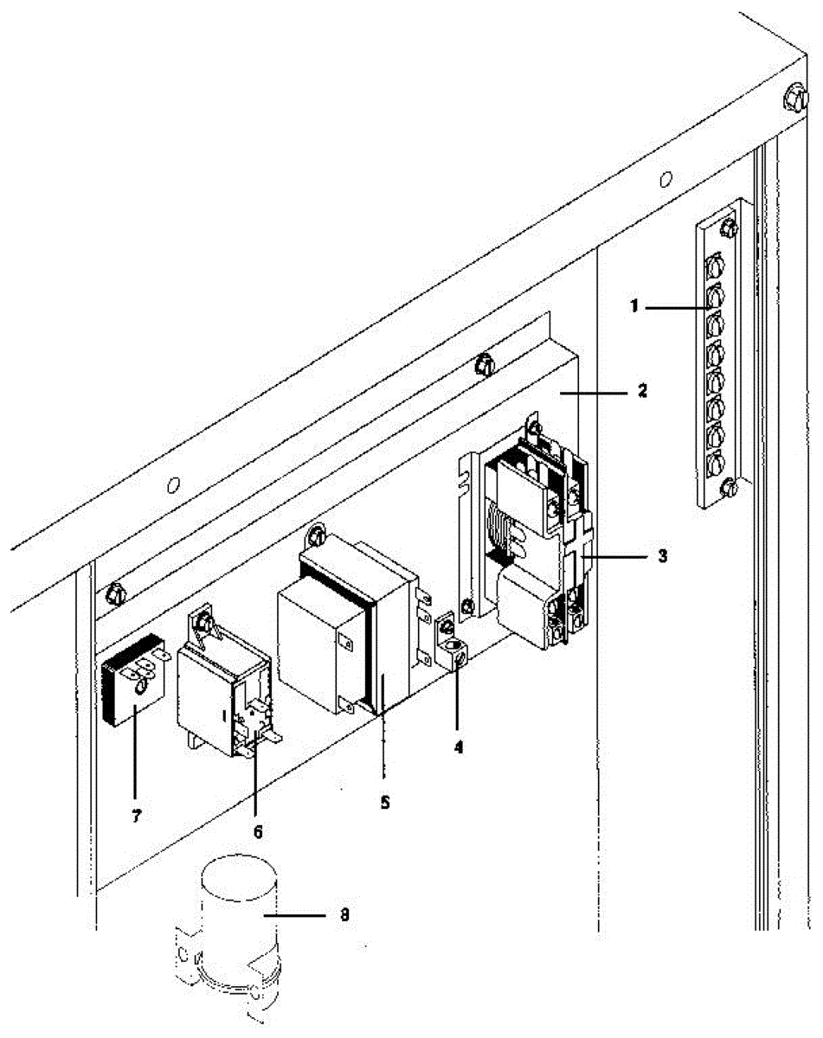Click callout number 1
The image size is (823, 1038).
[x=634, y=306]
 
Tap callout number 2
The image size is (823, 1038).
[x=641, y=391]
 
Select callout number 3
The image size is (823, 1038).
[x=663, y=555]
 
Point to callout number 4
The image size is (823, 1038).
[x=458, y=746]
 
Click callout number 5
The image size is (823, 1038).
[x=385, y=803]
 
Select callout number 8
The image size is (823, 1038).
[x=344, y=914]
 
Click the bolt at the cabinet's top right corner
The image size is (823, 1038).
[x=794, y=99]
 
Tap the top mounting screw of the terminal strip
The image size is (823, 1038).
[x=728, y=227]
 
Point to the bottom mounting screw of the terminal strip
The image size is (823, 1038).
[x=728, y=489]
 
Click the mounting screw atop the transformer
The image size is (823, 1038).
[x=317, y=536]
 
